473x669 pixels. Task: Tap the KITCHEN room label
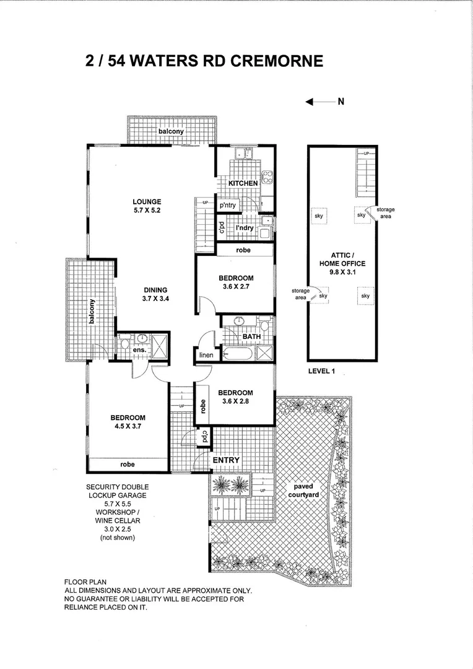click(x=243, y=183)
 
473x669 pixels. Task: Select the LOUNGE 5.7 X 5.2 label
click(x=147, y=206)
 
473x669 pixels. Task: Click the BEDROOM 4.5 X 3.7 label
click(x=128, y=421)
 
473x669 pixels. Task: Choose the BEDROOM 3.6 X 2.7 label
click(x=235, y=281)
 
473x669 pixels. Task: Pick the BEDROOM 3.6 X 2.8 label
click(x=235, y=397)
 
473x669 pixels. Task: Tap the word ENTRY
click(x=226, y=461)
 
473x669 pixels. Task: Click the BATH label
click(x=251, y=337)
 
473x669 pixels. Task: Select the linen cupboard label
click(x=206, y=356)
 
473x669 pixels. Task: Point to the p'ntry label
click(x=229, y=206)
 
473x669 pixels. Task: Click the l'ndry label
click(x=245, y=228)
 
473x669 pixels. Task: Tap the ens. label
click(x=140, y=351)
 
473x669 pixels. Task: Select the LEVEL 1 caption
click(x=321, y=372)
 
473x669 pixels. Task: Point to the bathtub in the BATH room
click(x=237, y=354)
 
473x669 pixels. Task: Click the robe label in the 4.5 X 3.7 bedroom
click(x=128, y=463)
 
